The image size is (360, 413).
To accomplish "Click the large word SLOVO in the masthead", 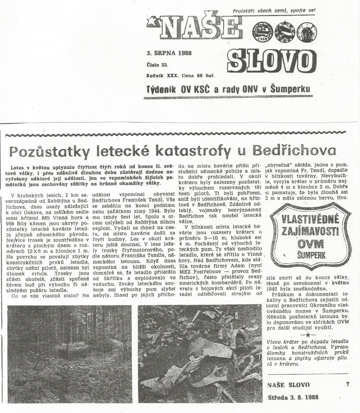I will point(272,61).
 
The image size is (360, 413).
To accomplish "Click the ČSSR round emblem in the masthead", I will point(262,33).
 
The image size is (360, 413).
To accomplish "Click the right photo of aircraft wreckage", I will point(200,353).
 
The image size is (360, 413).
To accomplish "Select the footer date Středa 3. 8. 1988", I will point(294,396).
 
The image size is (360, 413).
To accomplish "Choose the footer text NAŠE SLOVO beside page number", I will point(288,385).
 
